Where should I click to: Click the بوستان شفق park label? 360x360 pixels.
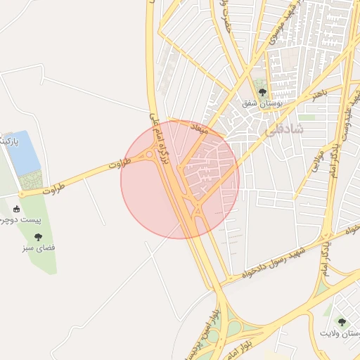262,103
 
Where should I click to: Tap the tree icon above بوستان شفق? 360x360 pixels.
262,92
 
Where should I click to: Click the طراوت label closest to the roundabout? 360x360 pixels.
120,167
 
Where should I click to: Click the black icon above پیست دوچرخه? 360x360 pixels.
17,209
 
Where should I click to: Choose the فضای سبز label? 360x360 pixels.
39,248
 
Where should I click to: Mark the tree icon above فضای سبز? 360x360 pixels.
38,237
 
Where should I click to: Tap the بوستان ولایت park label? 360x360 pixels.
340,333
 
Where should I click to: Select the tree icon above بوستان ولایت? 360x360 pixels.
342,322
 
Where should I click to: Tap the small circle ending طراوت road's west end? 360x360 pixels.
22,194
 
